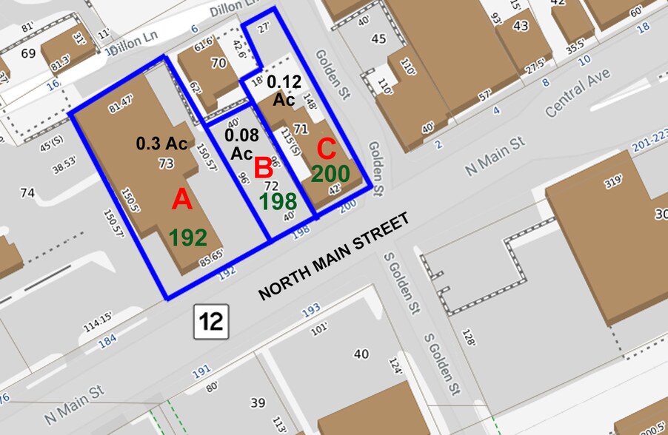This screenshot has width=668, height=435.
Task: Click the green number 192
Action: point(187,238)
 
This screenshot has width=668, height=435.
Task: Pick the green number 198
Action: point(278,201)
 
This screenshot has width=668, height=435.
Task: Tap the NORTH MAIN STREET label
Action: point(333,257)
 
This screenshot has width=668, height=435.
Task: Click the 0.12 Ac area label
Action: point(284,89)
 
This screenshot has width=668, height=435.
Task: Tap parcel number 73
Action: point(166,163)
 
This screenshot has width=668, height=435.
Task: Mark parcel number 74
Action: point(27,194)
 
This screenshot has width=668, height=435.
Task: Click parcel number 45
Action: point(378,38)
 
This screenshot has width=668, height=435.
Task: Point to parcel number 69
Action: point(29,53)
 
